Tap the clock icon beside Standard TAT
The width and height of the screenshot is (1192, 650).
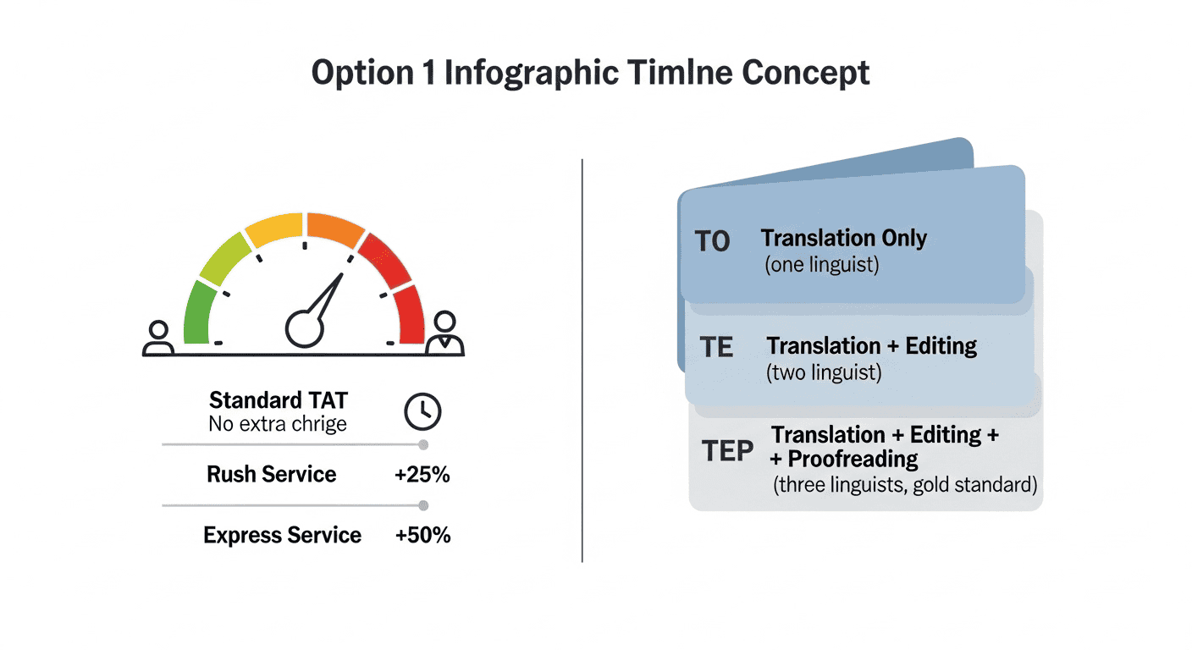pyautogui.click(x=422, y=411)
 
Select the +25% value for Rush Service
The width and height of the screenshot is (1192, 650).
pyautogui.click(x=422, y=475)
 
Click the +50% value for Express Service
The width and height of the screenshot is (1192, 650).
pyautogui.click(x=422, y=535)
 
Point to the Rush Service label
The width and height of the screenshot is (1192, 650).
pyautogui.click(x=272, y=474)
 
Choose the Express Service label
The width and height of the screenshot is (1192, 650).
pyautogui.click(x=282, y=535)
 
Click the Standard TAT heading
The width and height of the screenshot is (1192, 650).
pyautogui.click(x=279, y=400)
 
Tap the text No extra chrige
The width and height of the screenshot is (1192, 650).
pyautogui.click(x=277, y=424)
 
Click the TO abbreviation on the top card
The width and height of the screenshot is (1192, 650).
pyautogui.click(x=712, y=241)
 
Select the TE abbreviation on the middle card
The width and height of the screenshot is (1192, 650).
pyautogui.click(x=716, y=347)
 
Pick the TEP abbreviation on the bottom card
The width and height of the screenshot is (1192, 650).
pyautogui.click(x=727, y=450)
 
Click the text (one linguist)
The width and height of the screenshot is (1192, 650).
pyautogui.click(x=822, y=265)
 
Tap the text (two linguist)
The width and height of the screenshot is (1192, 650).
pyautogui.click(x=824, y=372)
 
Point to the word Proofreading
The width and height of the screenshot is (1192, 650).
pyautogui.click(x=853, y=459)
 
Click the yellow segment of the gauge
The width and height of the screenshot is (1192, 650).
pyautogui.click(x=274, y=229)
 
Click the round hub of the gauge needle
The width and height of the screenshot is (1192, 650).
pyautogui.click(x=305, y=328)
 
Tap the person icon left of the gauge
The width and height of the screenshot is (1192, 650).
pyautogui.click(x=158, y=338)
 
